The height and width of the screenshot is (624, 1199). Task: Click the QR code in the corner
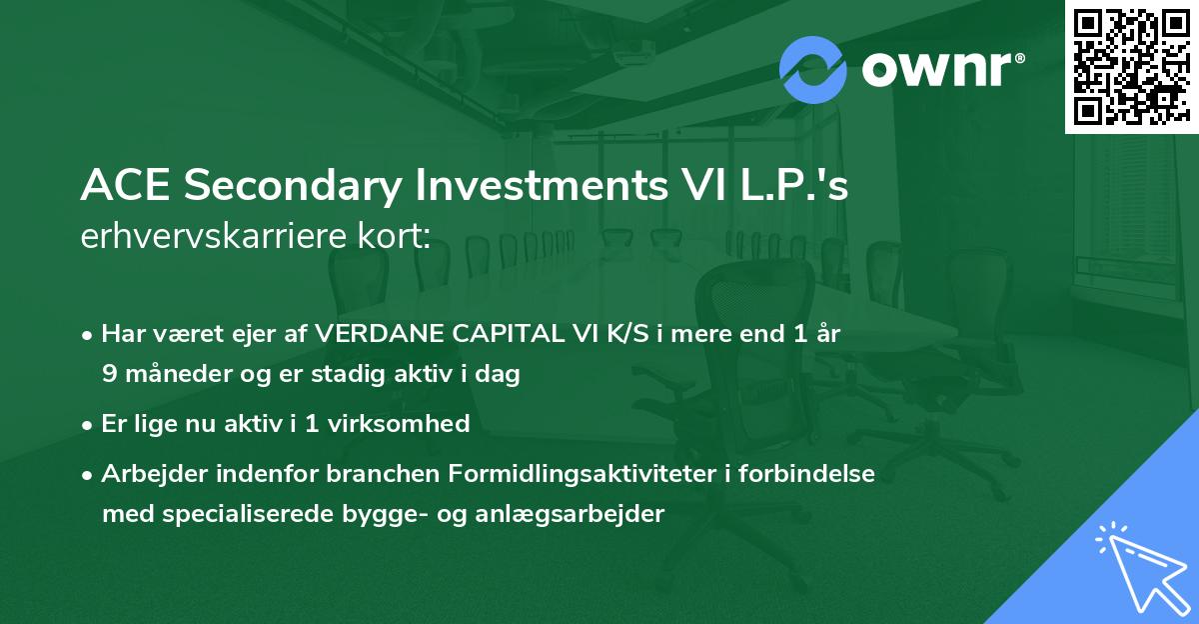[x=1131, y=66]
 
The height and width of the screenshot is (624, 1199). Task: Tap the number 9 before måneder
[x=108, y=375]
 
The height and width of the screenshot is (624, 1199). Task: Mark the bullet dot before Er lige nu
[x=89, y=425]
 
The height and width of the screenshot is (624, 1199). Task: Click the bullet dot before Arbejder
[x=89, y=475]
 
